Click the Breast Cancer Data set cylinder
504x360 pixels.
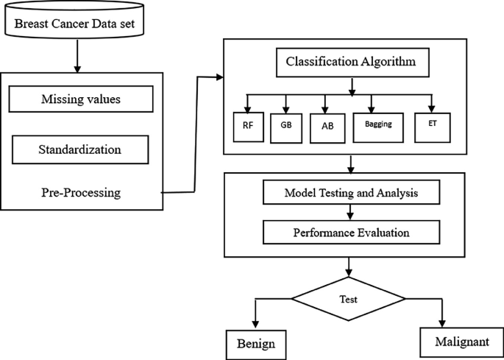[77, 21]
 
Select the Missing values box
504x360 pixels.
[82, 99]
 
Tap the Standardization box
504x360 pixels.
[80, 151]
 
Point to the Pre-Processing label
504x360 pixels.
[81, 193]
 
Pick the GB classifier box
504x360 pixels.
[285, 125]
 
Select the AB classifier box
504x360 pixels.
[327, 125]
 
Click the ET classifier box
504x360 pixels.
[432, 124]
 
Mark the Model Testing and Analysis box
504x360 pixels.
[351, 193]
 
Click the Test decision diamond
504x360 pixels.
[349, 299]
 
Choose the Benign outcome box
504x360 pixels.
[255, 344]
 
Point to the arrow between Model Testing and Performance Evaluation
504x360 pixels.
[351, 212]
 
